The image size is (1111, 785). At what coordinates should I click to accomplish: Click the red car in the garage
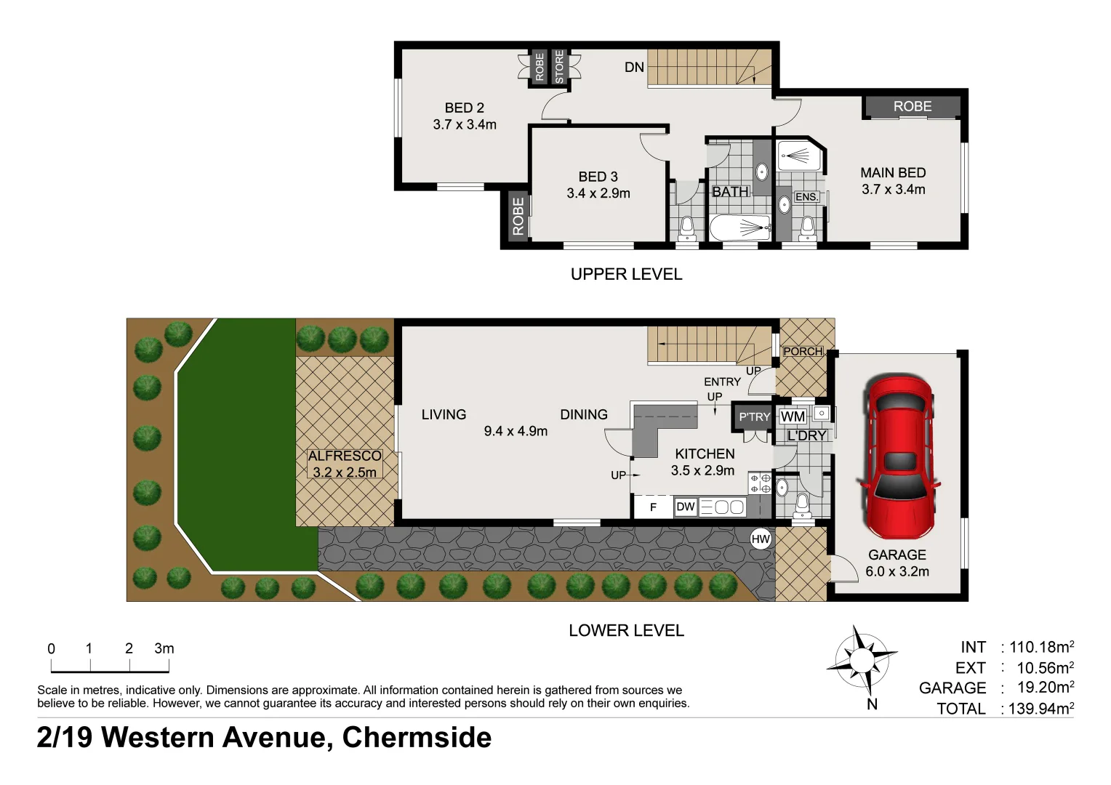click(897, 454)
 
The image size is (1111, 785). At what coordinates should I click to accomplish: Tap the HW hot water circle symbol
click(761, 539)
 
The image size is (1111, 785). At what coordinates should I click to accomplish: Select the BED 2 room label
click(464, 108)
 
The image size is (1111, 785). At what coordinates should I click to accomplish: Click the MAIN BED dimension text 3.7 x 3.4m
click(893, 190)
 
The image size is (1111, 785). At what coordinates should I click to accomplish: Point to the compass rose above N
click(861, 660)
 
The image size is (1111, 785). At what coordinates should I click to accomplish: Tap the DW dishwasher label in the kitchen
click(686, 507)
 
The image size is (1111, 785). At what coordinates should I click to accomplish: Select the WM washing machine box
click(793, 416)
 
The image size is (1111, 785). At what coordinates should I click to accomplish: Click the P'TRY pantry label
click(753, 416)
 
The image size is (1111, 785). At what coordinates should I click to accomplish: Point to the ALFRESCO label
click(345, 456)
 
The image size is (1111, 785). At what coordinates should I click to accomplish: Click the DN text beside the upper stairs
click(634, 68)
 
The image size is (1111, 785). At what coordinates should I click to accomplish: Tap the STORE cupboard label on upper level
click(559, 67)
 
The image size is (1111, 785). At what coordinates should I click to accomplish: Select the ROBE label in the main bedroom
click(912, 107)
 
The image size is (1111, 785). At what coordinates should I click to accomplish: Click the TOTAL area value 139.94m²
click(1040, 709)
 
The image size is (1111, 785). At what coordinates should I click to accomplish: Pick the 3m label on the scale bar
click(164, 648)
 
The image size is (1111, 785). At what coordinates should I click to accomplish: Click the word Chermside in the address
click(417, 738)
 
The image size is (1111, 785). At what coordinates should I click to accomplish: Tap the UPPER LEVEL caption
click(626, 274)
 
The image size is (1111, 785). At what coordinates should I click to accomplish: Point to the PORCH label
click(803, 351)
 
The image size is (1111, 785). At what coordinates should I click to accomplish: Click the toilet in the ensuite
click(806, 230)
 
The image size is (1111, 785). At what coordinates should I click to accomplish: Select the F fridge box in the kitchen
click(653, 507)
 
